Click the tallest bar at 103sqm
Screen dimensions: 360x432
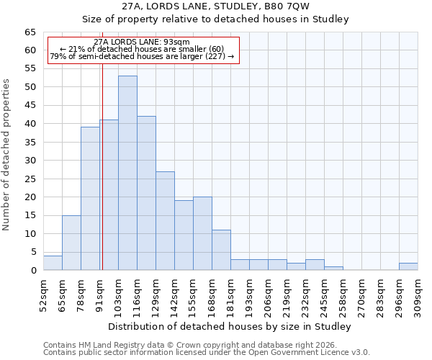(x=127, y=173)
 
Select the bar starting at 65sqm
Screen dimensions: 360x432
(x=71, y=243)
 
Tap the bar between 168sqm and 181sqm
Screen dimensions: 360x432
(x=221, y=250)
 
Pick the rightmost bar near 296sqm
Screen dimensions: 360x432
(x=408, y=266)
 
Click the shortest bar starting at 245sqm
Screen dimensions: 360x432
(x=333, y=269)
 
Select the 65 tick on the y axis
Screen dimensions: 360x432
(x=30, y=32)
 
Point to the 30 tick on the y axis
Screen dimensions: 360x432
(x=30, y=161)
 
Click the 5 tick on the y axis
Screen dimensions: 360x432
(x=32, y=252)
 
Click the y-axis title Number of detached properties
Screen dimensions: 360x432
(x=6, y=155)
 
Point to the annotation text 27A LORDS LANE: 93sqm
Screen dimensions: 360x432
(x=142, y=42)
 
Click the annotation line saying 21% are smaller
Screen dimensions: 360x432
(x=142, y=50)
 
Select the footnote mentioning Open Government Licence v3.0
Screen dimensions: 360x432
(x=207, y=352)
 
